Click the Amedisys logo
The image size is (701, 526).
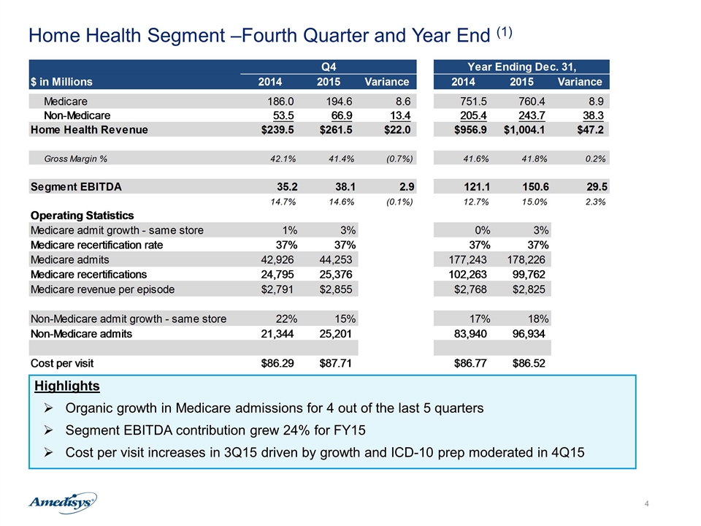point(63,503)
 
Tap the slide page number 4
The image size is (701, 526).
point(646,504)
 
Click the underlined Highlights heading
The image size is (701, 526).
point(67,386)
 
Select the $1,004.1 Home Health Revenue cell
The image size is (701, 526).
point(524,130)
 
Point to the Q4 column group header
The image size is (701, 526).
point(329,67)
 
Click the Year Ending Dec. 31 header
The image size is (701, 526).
point(521,67)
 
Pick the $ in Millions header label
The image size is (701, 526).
point(61,82)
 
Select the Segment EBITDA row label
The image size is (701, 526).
point(76,187)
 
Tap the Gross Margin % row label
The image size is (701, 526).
point(75,159)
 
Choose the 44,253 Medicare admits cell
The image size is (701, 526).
point(336,260)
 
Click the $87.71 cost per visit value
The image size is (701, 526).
point(335,363)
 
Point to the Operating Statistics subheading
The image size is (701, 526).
point(83,216)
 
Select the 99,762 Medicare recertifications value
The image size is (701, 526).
point(529,275)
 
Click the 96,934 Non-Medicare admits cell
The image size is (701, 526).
point(529,334)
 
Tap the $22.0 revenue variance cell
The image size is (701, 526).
point(397,130)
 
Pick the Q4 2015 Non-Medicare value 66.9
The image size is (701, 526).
point(342,116)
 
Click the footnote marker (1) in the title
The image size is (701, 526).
point(505,32)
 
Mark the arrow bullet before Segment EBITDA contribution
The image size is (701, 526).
point(49,430)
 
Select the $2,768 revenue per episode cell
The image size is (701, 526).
point(470,289)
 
